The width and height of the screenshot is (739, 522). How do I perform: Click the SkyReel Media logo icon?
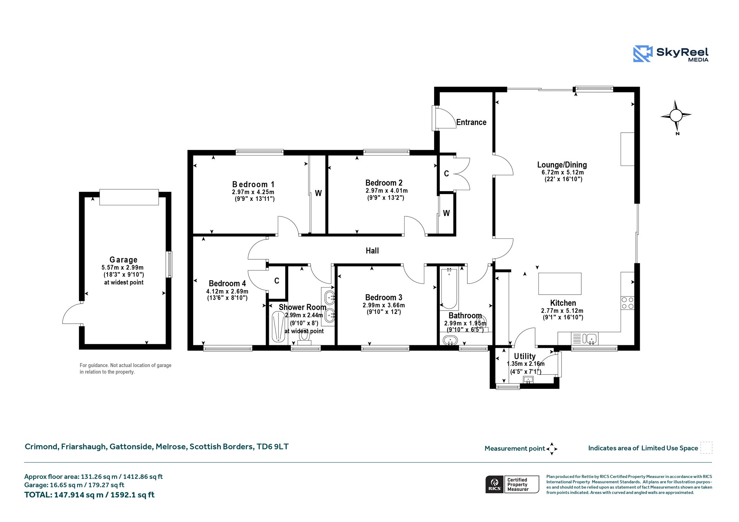643,54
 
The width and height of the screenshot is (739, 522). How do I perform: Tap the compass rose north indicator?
676,115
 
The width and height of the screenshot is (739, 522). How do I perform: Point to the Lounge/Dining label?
562,165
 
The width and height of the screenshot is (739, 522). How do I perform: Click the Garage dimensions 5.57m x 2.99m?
123,268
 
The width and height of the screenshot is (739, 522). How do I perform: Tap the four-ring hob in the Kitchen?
628,303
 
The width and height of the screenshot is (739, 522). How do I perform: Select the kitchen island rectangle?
560,284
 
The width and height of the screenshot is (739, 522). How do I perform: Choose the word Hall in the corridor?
372,251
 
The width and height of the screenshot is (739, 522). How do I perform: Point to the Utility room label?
525,356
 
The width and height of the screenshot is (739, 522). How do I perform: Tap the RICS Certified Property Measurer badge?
512,484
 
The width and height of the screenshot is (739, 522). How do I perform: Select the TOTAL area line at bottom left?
89,495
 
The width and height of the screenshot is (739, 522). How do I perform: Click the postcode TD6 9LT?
272,447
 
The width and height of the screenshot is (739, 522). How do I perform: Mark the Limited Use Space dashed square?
706,448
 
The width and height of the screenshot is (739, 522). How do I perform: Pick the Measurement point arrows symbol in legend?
552,449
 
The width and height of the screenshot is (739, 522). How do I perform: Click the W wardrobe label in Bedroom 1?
318,193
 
